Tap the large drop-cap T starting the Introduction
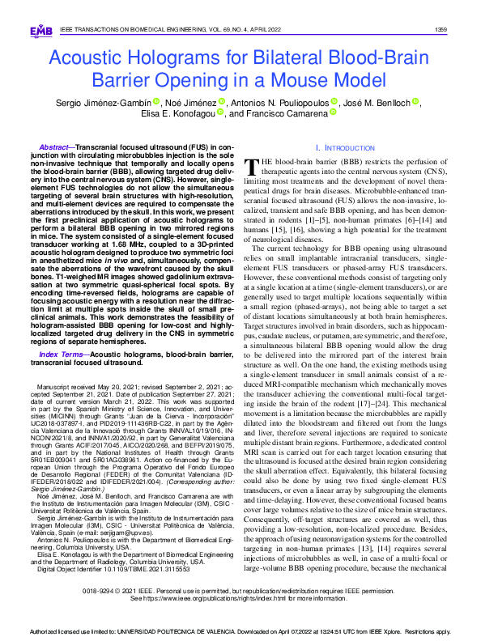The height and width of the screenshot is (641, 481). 252,168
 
